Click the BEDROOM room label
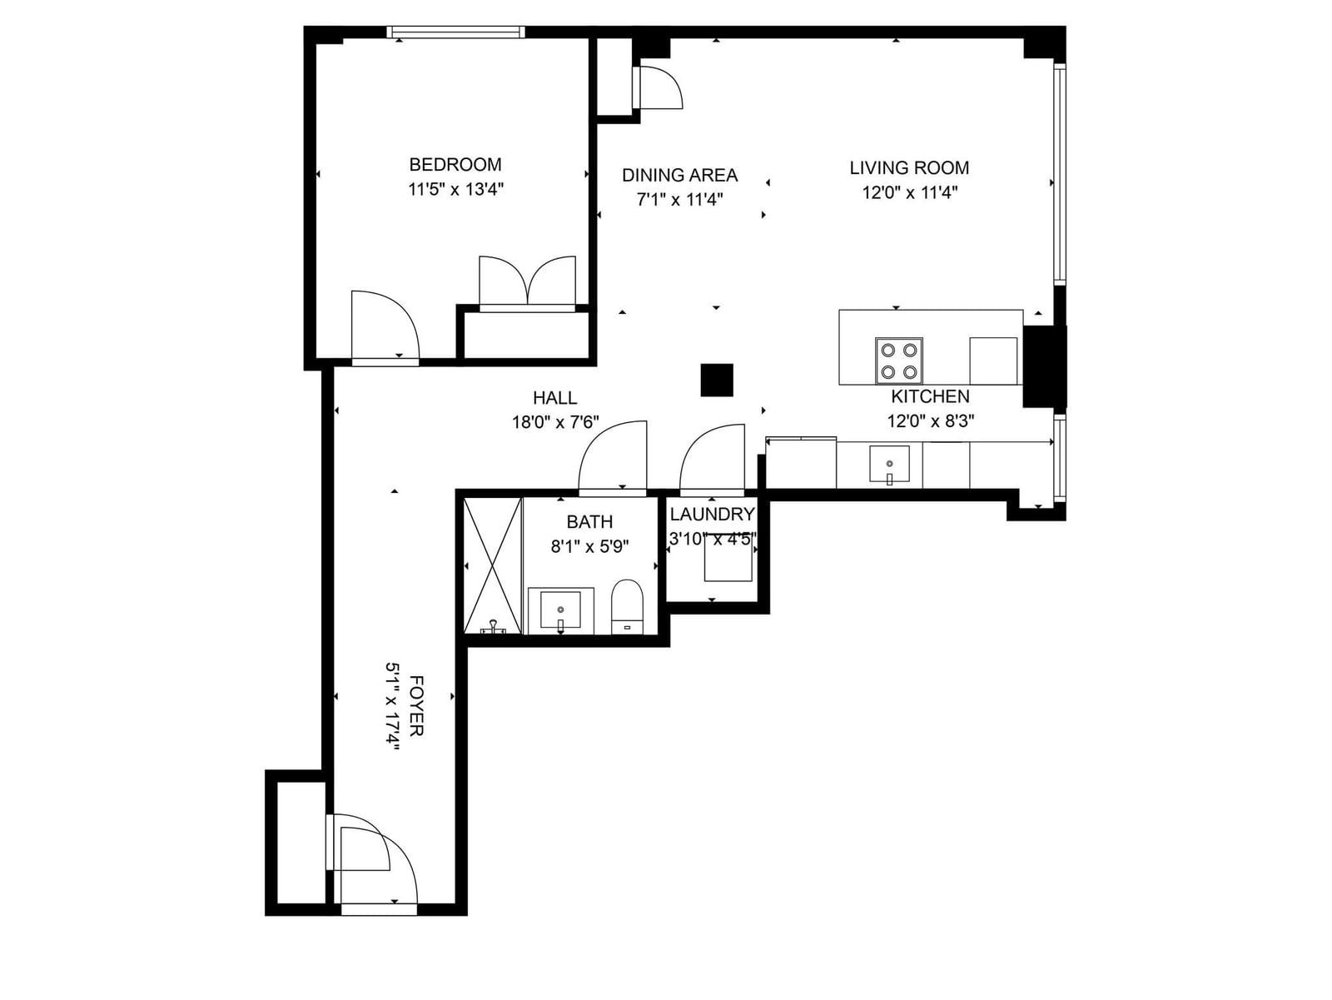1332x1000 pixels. click(455, 164)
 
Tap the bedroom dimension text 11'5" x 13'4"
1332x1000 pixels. click(455, 189)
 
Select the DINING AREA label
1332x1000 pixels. click(679, 176)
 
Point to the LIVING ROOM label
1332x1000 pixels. click(909, 167)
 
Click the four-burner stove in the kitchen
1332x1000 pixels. click(899, 361)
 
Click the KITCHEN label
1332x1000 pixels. click(930, 396)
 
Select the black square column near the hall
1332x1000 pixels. click(717, 380)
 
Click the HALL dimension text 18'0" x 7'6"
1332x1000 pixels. click(555, 421)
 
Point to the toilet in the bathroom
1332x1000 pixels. click(627, 607)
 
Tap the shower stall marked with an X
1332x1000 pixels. click(492, 565)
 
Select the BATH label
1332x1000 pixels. click(589, 522)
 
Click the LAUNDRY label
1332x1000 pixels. click(712, 515)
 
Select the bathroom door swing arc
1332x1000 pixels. click(612, 455)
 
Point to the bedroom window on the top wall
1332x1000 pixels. click(455, 32)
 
